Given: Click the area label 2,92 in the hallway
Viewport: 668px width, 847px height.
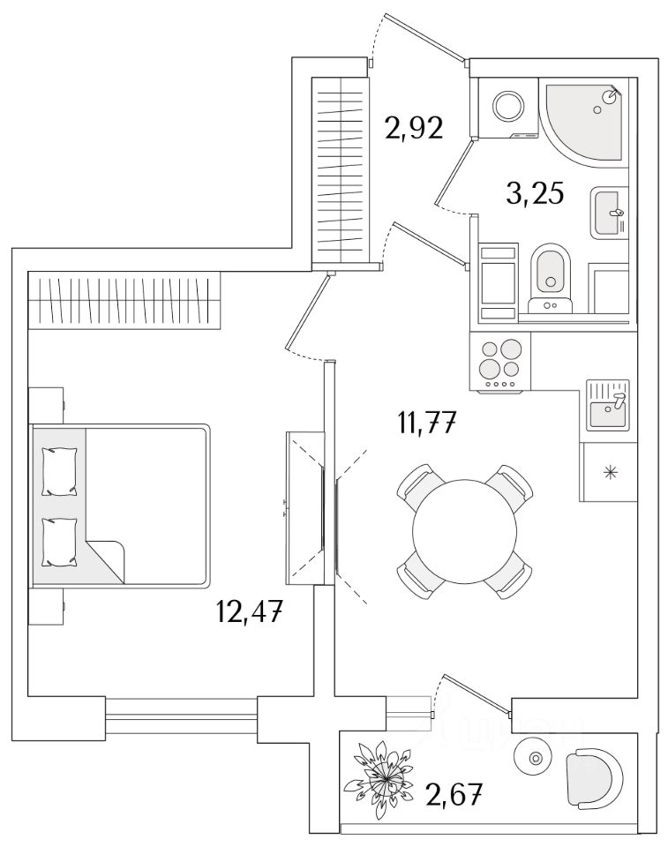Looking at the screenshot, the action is point(412,130).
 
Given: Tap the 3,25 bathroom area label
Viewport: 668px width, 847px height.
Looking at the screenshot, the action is point(534,193).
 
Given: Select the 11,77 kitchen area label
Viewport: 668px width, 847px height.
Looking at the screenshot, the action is point(425,425).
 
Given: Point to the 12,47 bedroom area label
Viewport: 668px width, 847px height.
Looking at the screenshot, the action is point(251,610).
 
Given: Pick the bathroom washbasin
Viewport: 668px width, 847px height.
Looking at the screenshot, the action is point(608,213).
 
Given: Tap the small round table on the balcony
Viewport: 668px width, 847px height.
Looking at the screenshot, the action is point(533,758).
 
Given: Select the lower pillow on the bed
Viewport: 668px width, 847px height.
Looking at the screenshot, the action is point(59,540).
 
